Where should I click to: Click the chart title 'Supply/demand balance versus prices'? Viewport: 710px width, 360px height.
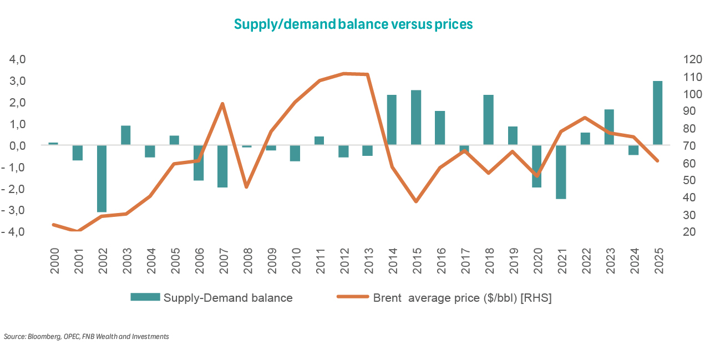[353, 24]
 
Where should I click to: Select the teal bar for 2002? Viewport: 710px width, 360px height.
[102, 178]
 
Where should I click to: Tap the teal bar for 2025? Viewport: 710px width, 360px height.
[658, 113]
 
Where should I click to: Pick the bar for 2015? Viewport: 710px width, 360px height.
[415, 118]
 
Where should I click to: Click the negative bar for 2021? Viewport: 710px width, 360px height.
[561, 172]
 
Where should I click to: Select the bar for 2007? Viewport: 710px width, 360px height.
[223, 166]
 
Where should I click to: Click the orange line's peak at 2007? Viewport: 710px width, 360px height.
[222, 104]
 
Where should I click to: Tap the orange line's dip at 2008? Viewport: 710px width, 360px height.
[247, 186]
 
